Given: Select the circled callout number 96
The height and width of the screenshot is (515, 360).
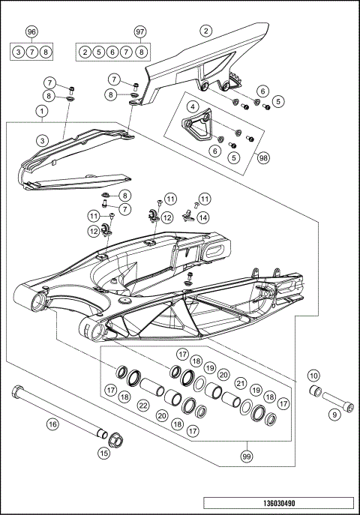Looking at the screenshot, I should (31, 31).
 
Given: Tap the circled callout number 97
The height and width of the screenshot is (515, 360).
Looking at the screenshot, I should (139, 31).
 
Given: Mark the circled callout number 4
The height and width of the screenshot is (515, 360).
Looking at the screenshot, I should (193, 107).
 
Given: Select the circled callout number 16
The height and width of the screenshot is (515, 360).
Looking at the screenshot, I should (52, 424).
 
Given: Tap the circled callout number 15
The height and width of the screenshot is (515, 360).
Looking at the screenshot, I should (104, 452).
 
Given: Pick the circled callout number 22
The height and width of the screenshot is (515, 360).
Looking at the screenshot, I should (142, 406).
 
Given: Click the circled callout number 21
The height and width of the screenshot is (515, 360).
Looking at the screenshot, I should (241, 383).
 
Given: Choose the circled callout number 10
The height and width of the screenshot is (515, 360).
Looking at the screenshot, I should (313, 375).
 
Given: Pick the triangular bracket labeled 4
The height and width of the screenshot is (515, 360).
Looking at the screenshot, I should (196, 128).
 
